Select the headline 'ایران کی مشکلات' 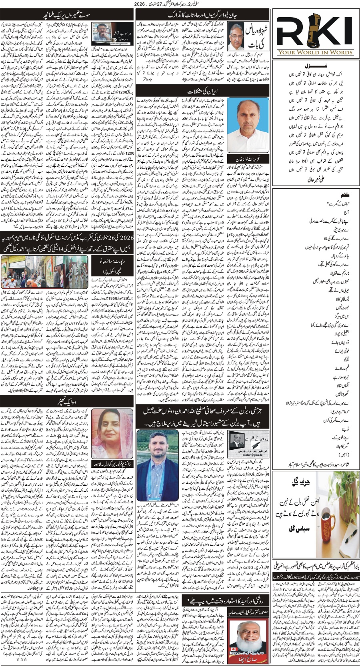click(x=204, y=92)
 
